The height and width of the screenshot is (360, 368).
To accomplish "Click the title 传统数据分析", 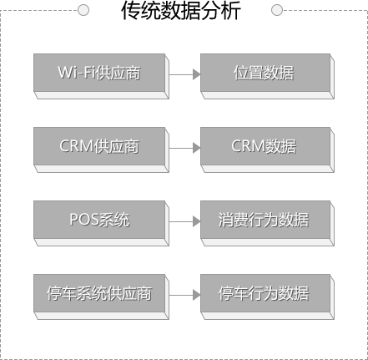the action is (181, 11).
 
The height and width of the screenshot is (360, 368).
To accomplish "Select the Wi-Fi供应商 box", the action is (101, 76).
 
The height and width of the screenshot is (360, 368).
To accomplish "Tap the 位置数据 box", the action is (267, 76).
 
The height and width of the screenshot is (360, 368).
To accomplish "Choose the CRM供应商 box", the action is (101, 150).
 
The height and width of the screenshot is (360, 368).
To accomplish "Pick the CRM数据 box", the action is (267, 150).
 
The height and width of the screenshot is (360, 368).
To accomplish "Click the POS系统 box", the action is (101, 223).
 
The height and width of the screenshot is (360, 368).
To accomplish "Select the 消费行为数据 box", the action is (267, 223).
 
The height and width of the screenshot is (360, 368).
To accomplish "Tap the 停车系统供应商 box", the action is (101, 297).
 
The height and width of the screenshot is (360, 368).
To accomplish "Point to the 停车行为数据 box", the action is (267, 297).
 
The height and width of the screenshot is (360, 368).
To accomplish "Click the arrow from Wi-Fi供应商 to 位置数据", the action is (184, 74).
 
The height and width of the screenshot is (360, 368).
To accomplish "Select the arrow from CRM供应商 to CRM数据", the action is (184, 148).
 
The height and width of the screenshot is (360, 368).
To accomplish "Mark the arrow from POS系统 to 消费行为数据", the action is (184, 221).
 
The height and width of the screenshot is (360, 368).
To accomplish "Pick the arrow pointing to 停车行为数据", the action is (184, 295).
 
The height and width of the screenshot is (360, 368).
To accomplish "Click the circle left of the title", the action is (83, 10).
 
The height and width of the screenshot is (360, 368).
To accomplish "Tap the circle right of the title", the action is (277, 10).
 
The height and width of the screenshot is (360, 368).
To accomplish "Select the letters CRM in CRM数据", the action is (249, 146).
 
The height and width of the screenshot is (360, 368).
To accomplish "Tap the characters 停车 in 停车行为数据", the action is (233, 293).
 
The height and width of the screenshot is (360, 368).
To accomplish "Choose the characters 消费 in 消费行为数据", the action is (233, 220).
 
